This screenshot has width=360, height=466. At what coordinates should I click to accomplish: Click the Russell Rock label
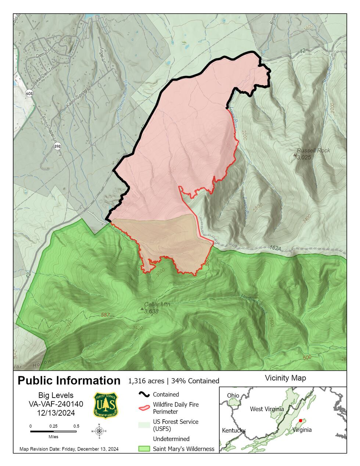(313, 150)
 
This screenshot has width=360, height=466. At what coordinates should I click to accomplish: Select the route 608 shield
(29, 94)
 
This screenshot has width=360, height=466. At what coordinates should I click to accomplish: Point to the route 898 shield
(58, 146)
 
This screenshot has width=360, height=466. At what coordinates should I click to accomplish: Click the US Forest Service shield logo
(105, 405)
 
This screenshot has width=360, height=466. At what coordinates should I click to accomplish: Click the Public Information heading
(69, 380)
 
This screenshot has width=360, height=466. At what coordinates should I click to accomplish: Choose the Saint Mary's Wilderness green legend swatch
(144, 449)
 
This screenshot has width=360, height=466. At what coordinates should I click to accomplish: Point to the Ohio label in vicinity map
(233, 395)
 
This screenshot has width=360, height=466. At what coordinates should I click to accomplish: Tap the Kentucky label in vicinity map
(234, 430)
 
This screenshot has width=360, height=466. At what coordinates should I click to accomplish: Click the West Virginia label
(267, 409)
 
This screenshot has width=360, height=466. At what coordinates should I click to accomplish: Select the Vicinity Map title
(285, 378)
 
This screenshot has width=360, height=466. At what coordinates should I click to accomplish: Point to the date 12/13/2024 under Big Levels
(56, 413)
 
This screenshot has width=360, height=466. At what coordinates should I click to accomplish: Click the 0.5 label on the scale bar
(76, 426)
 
